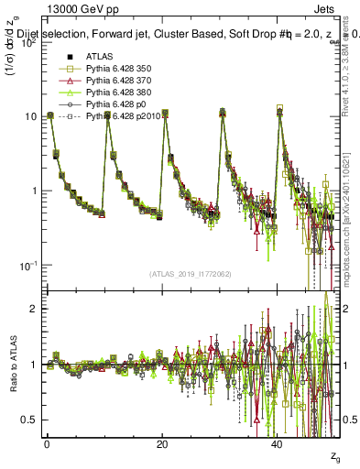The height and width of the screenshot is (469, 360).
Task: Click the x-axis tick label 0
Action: [47, 443]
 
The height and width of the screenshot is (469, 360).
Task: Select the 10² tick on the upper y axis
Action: [27, 42]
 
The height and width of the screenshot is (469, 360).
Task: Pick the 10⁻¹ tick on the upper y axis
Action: [27, 265]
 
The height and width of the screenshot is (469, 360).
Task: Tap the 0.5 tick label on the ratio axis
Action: [28, 420]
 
